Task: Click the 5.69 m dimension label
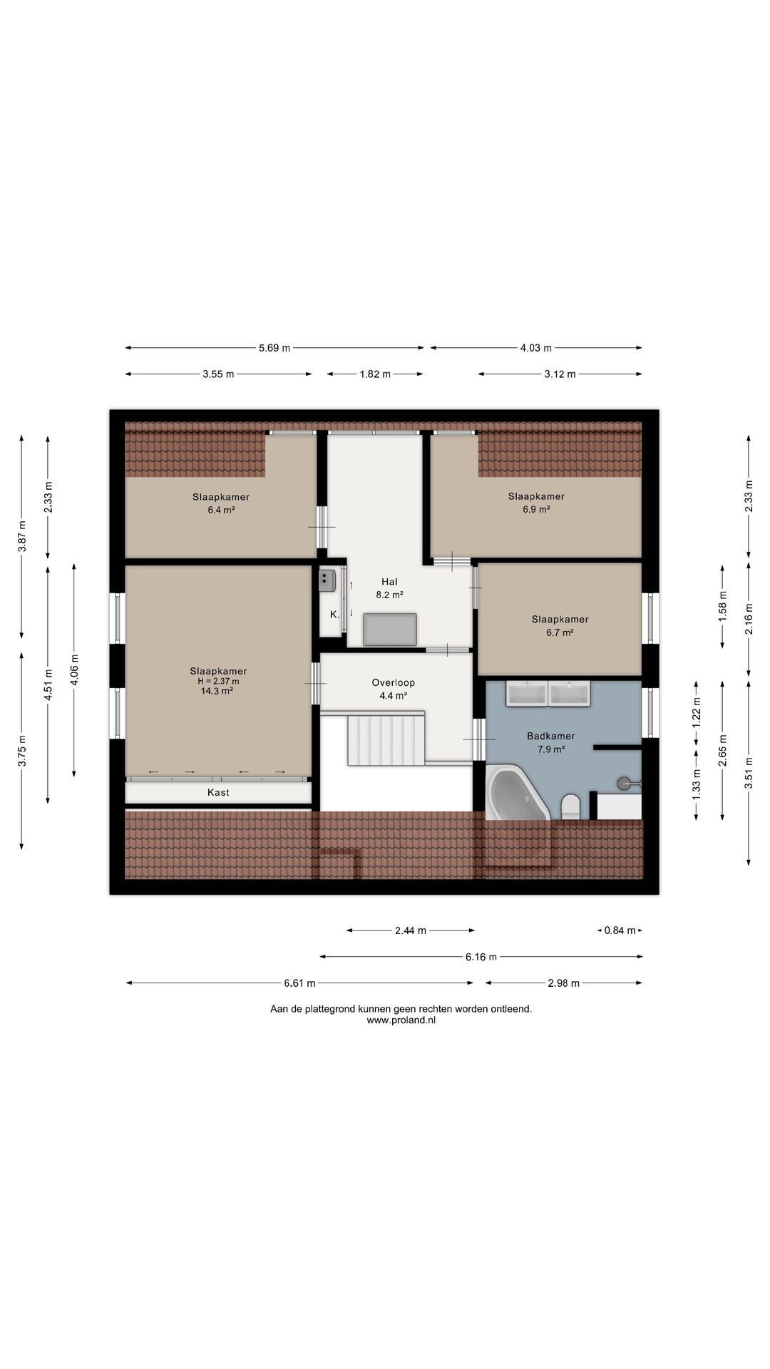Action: click(x=274, y=348)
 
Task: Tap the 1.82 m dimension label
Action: click(x=375, y=374)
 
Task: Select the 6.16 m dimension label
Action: click(x=481, y=957)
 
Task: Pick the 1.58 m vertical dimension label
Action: click(x=722, y=607)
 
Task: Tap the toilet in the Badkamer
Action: click(x=571, y=806)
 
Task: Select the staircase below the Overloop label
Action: click(x=386, y=739)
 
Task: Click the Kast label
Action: click(x=218, y=792)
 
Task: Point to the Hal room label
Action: click(x=389, y=582)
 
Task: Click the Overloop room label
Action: click(x=393, y=682)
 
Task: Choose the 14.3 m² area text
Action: click(x=217, y=691)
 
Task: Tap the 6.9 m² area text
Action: click(x=536, y=509)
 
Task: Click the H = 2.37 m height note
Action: click(x=218, y=681)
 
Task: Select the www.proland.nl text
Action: click(x=401, y=1020)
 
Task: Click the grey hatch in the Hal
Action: click(x=390, y=629)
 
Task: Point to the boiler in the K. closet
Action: click(x=327, y=580)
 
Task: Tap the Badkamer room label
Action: click(x=550, y=736)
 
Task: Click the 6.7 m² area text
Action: click(x=560, y=632)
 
